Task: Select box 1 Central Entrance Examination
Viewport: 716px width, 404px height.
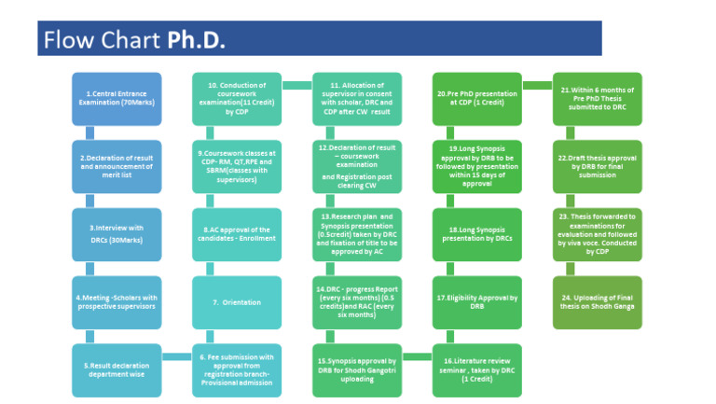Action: point(117,99)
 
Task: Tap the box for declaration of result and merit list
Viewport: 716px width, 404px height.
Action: point(117,167)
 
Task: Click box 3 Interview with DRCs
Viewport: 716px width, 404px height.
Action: point(117,234)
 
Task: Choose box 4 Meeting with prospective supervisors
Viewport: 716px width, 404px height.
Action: point(117,302)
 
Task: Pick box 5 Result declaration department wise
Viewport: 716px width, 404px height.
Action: point(117,369)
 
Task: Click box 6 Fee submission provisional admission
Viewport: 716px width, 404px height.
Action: point(237,369)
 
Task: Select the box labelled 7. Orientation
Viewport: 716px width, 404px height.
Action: point(237,302)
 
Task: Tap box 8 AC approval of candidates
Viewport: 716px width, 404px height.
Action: point(237,234)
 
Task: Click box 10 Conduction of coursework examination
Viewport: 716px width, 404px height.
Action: point(237,99)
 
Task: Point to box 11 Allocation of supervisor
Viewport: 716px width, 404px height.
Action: point(357,99)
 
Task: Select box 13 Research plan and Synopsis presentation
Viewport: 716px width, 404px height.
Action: point(357,234)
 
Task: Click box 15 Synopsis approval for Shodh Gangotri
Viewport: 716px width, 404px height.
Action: point(357,369)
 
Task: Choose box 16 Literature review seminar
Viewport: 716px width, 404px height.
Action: point(476,369)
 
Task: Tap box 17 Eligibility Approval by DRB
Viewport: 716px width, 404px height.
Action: point(476,302)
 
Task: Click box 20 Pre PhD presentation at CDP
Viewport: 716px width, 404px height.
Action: point(476,99)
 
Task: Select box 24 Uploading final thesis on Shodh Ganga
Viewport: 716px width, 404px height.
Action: point(597,302)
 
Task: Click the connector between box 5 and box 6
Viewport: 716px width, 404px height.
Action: point(177,356)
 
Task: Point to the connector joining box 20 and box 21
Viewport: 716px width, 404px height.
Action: point(537,86)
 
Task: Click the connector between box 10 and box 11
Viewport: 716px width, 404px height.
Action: point(296,86)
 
